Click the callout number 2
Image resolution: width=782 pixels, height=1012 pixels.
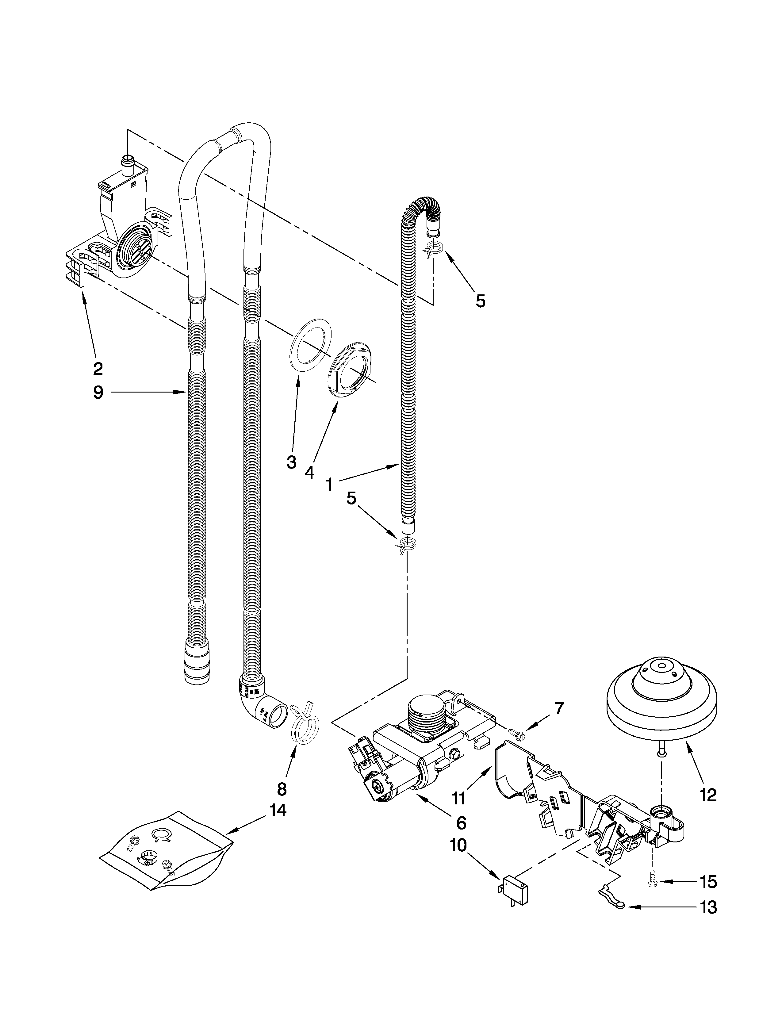pos(98,369)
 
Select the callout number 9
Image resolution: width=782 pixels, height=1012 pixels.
pos(98,393)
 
